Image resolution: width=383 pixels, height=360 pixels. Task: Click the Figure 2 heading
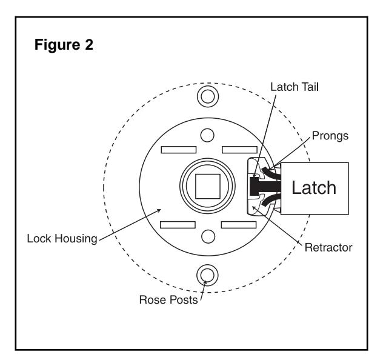pos(64,45)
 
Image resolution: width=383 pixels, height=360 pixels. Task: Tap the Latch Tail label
pos(295,87)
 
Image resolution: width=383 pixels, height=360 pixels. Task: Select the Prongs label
pos(330,136)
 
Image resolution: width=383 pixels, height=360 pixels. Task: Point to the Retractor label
pos(328,247)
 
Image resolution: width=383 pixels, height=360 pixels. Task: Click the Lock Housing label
pos(62,238)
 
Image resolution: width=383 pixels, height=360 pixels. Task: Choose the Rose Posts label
pos(168,299)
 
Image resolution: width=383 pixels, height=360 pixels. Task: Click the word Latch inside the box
pos(314,187)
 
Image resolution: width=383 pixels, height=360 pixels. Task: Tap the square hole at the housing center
pos(208,186)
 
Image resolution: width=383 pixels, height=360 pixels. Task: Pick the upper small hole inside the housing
pos(207,135)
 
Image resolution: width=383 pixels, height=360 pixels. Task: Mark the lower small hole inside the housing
pos(208,236)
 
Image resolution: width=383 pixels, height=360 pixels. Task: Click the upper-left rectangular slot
pos(179,150)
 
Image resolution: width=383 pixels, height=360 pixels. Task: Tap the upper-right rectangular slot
pos(239,150)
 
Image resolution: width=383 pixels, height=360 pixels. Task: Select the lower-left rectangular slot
pos(178,225)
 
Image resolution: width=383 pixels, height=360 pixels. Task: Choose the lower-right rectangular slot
pos(239,225)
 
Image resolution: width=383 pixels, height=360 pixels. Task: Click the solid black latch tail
pos(265,186)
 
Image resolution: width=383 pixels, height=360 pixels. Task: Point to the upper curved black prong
pos(271,172)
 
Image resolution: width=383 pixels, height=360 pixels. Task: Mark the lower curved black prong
pos(271,199)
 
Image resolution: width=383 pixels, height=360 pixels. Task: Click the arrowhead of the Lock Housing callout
pos(159,210)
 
